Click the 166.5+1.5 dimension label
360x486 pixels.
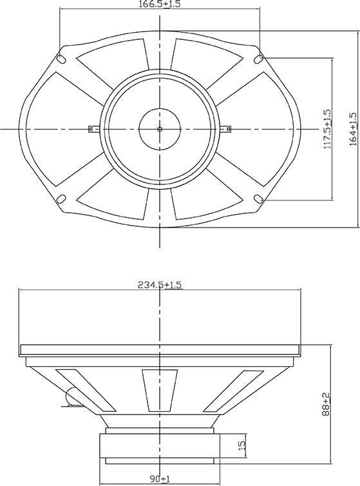(x=160, y=4)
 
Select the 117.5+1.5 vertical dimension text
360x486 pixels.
(x=327, y=129)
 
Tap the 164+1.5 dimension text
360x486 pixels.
(x=353, y=130)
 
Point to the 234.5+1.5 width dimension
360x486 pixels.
(x=160, y=285)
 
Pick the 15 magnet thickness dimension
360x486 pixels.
(x=243, y=445)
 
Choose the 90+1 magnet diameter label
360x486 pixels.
(x=160, y=479)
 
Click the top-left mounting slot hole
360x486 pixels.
(x=61, y=59)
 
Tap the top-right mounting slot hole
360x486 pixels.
(x=258, y=59)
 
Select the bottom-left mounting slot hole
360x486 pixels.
(x=61, y=199)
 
